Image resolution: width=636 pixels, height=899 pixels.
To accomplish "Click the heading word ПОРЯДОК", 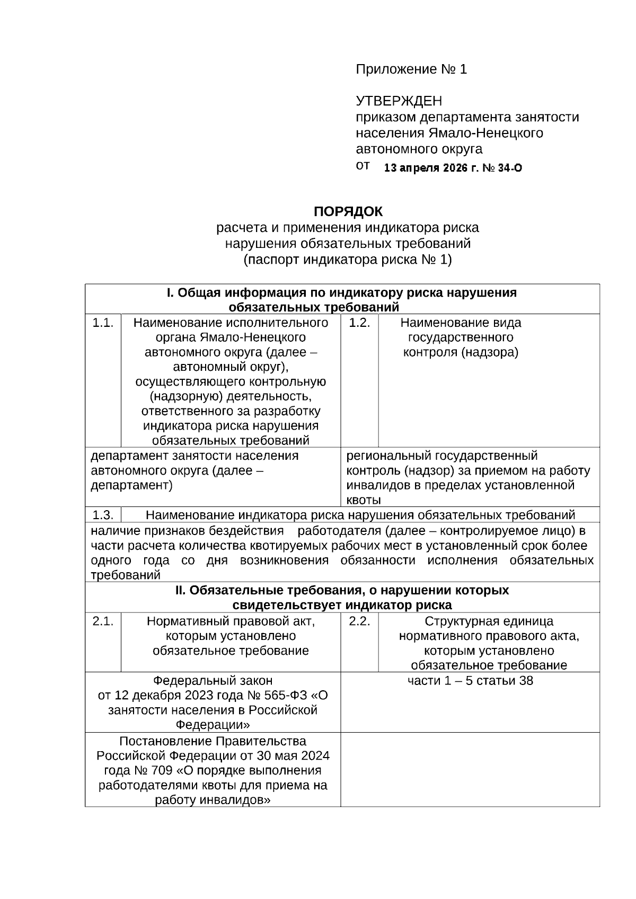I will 348,212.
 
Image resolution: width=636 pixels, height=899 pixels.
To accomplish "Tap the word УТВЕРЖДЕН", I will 399,101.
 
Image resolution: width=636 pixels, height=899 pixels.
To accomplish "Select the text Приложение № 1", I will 411,69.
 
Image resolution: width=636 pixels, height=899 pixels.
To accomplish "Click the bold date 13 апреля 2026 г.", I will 430,168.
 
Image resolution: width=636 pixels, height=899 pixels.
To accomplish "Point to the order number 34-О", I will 510,168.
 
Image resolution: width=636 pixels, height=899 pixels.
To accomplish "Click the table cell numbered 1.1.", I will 103,323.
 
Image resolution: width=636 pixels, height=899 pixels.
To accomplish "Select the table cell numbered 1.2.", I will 359,323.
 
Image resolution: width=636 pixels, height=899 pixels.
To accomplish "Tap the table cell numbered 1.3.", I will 103,515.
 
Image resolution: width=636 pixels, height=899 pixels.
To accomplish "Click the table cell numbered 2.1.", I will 103,621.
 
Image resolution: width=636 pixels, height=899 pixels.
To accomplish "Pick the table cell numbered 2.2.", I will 359,621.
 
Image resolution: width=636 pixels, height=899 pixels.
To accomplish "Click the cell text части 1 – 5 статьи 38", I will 470,681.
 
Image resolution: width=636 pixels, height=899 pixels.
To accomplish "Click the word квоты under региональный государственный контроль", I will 364,500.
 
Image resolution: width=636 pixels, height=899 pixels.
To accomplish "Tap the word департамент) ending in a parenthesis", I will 132,485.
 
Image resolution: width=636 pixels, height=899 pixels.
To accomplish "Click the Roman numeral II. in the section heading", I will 180,590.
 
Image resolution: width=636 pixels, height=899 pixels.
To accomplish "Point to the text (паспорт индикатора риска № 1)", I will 348,260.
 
